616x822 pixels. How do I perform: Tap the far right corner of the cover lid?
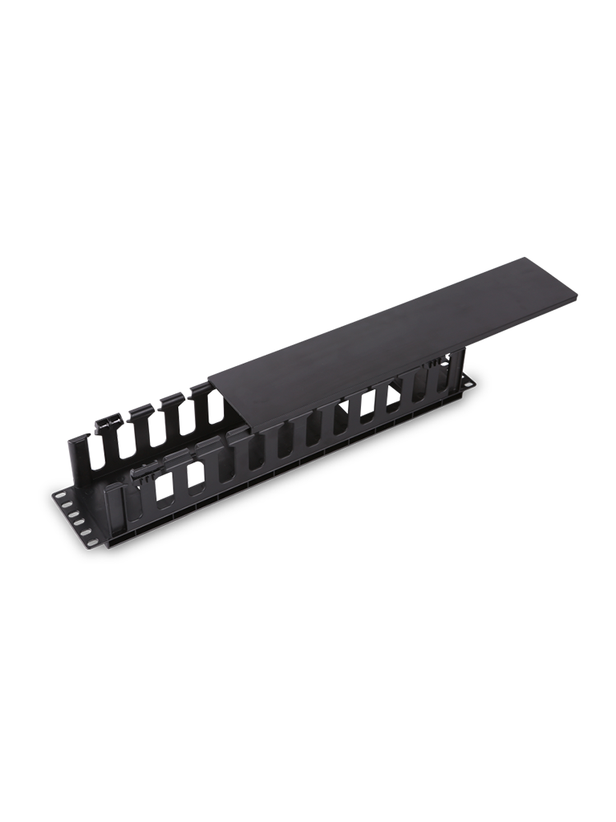point(576,295)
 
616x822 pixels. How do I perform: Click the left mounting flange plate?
point(76,518)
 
